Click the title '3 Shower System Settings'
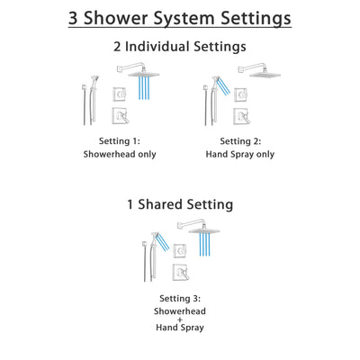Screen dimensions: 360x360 pyautogui.click(x=180, y=19)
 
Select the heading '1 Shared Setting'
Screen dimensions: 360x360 pyautogui.click(x=180, y=204)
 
